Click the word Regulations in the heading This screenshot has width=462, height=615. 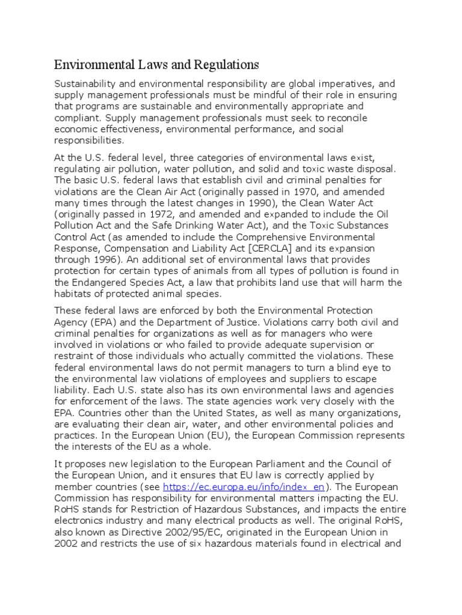click(221, 64)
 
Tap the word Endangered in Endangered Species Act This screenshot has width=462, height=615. click(104, 282)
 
